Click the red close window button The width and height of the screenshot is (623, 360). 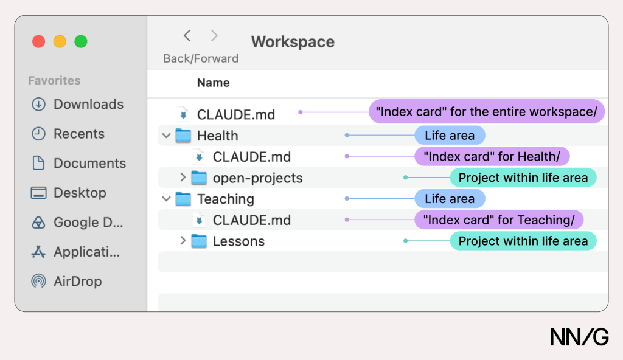pyautogui.click(x=38, y=41)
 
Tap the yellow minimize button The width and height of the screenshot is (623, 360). pyautogui.click(x=60, y=41)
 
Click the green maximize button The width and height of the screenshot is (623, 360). pyautogui.click(x=81, y=41)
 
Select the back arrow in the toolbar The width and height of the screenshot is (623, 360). pyautogui.click(x=187, y=36)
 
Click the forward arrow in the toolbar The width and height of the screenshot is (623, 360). pyautogui.click(x=214, y=36)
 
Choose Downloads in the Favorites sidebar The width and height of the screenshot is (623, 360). pyautogui.click(x=77, y=104)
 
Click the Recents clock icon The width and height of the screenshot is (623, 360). pyautogui.click(x=38, y=134)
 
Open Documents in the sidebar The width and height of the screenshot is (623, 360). pyautogui.click(x=78, y=164)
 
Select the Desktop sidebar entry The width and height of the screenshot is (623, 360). pyautogui.click(x=68, y=193)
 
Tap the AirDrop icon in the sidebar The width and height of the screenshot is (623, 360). pyautogui.click(x=38, y=282)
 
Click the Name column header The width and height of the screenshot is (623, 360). pyautogui.click(x=214, y=83)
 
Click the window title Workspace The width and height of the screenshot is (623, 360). pyautogui.click(x=293, y=42)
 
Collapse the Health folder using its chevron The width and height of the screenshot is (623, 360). pyautogui.click(x=167, y=136)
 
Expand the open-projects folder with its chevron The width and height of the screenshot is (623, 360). pyautogui.click(x=183, y=177)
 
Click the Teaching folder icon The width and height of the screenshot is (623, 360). pyautogui.click(x=183, y=199)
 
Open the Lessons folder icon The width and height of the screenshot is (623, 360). pyautogui.click(x=199, y=241)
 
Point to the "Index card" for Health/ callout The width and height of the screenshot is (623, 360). pyautogui.click(x=492, y=156)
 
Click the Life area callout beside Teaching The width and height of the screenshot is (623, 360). pyautogui.click(x=450, y=199)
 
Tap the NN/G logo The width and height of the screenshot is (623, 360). pyautogui.click(x=579, y=337)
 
